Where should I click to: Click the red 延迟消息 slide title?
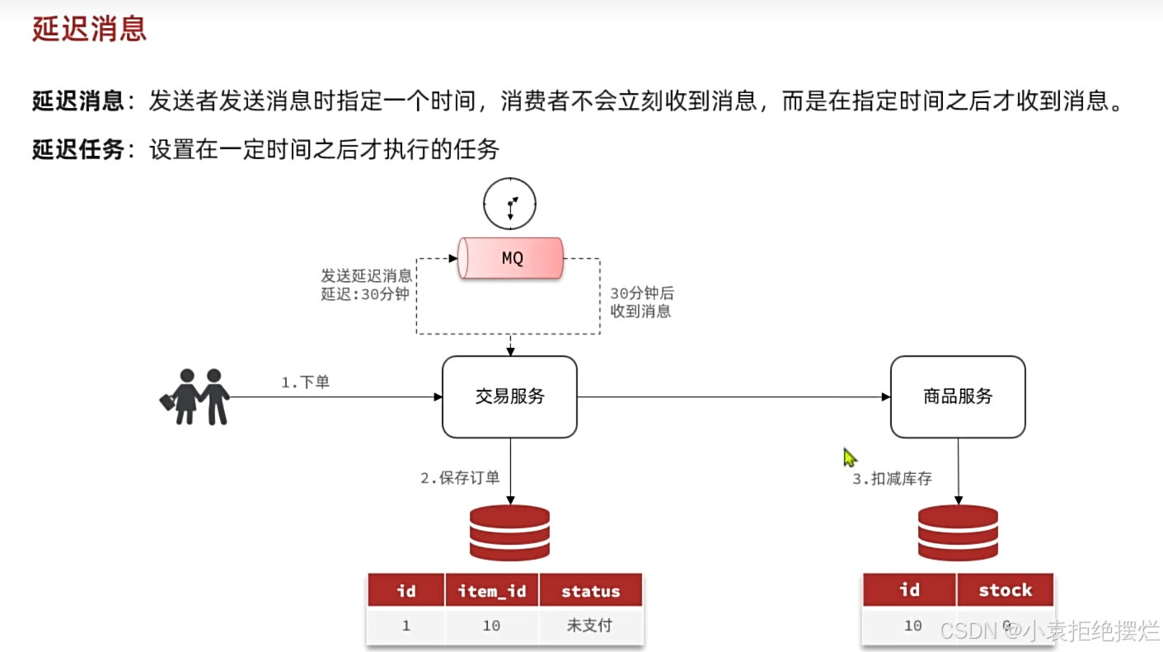point(89,30)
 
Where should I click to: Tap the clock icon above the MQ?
point(509,203)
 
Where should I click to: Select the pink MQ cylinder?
point(511,258)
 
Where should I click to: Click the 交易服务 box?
point(509,396)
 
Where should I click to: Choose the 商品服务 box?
point(958,396)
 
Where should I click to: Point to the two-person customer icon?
point(195,396)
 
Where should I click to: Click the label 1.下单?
point(305,382)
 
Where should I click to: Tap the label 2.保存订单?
point(460,478)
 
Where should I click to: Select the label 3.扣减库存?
point(892,479)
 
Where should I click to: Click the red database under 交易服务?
point(509,532)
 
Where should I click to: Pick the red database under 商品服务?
point(958,532)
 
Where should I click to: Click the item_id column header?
point(491,591)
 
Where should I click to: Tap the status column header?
point(590,591)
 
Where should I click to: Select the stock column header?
point(1005,590)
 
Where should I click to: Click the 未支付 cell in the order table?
point(590,626)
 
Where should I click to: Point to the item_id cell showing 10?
point(491,626)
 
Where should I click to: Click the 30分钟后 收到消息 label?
point(641,303)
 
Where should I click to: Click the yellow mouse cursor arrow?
point(850,457)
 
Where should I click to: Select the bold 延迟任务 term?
point(77,149)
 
